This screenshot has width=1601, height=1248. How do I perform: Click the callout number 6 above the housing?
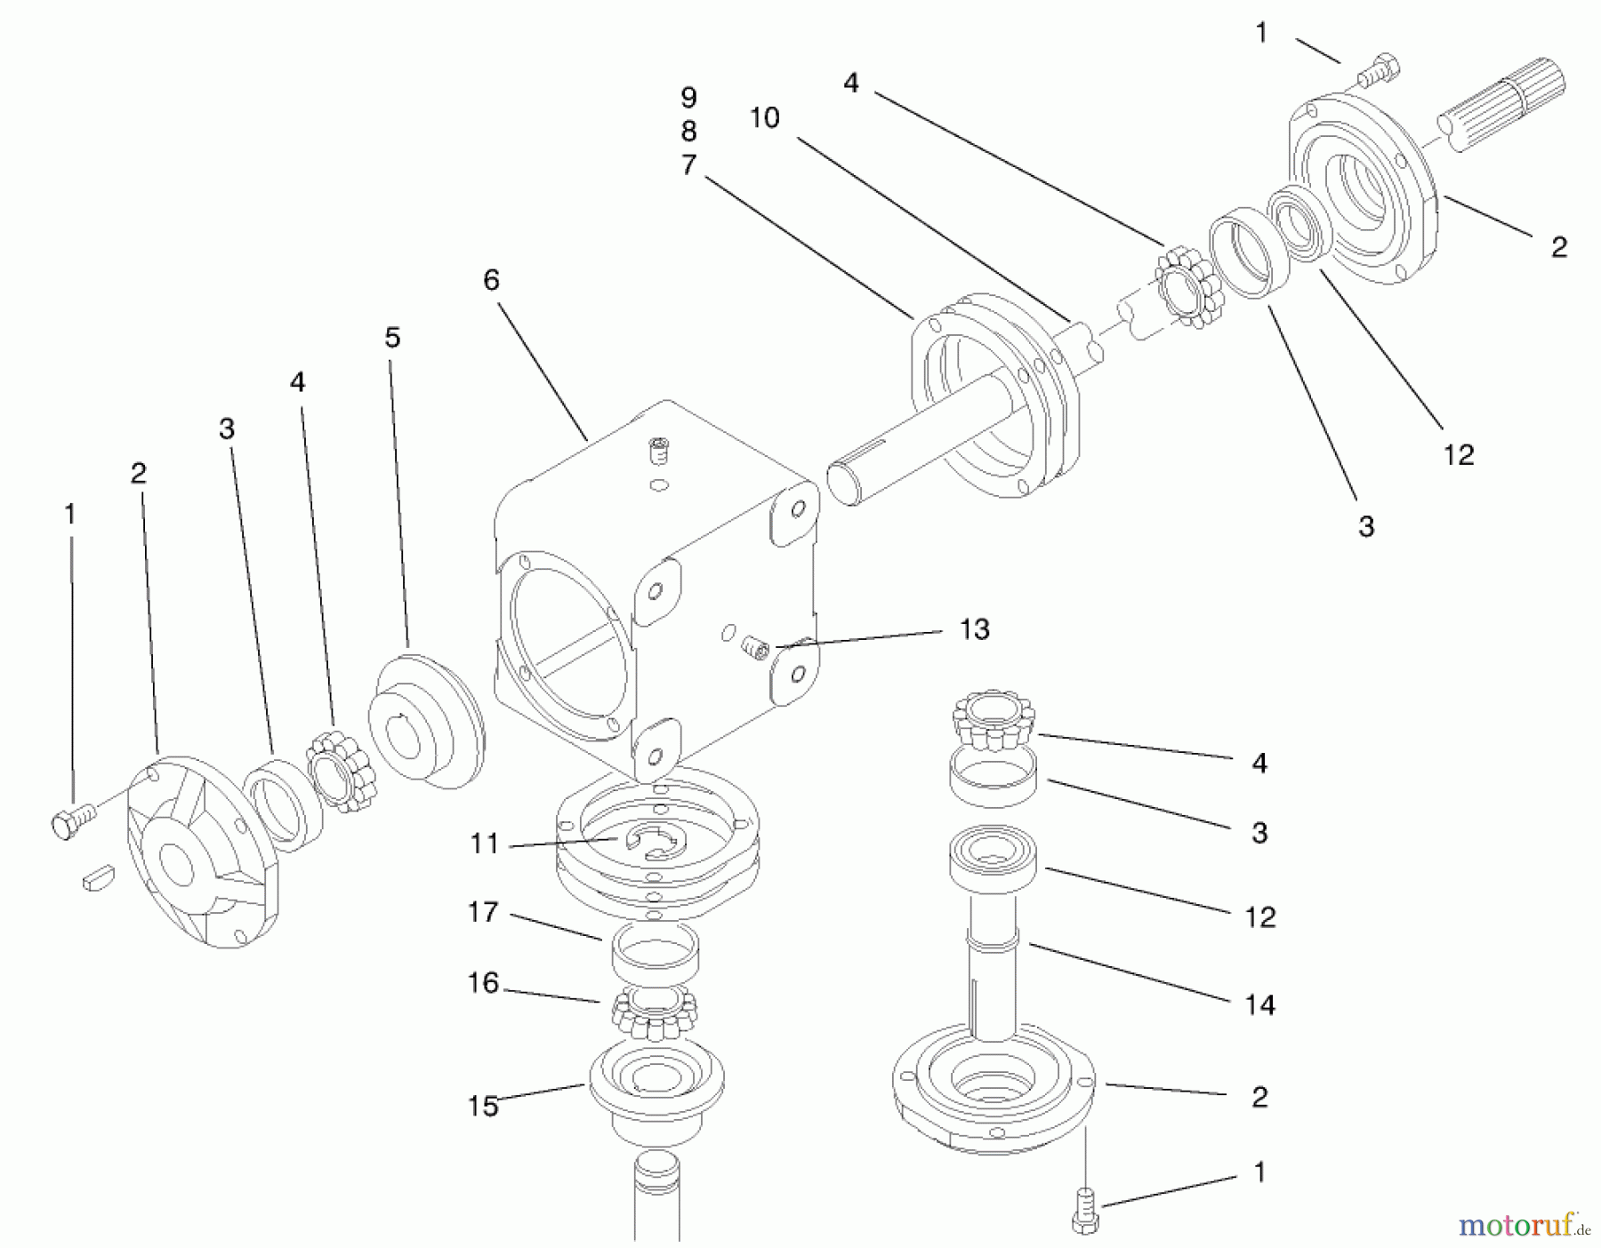[x=491, y=281]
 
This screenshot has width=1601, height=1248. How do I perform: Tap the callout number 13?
[x=975, y=629]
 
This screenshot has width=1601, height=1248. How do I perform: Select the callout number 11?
[x=484, y=843]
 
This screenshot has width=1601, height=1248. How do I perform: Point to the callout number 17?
[x=483, y=912]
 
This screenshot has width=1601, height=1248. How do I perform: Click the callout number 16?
[x=483, y=983]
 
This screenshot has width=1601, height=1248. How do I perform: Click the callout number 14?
[x=1259, y=1005]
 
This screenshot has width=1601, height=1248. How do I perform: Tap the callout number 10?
[x=764, y=117]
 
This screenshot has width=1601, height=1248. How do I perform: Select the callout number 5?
[x=392, y=338]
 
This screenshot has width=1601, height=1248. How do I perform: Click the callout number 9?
[x=688, y=97]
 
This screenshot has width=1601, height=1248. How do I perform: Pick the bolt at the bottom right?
[x=1085, y=1212]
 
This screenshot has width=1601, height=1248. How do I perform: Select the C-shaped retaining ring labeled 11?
[x=656, y=841]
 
